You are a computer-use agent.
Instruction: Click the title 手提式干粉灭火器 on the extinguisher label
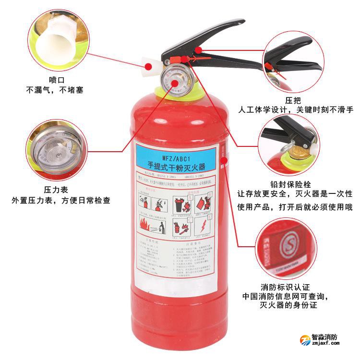(177, 166)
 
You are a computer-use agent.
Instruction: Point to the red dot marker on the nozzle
(149, 66)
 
